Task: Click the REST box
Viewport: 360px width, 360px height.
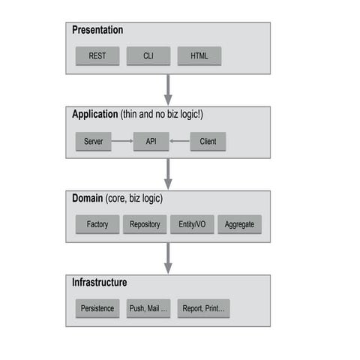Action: [x=97, y=56]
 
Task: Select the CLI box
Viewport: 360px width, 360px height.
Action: [x=148, y=56]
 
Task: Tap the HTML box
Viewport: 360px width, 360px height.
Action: [x=199, y=56]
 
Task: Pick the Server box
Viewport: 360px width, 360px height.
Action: [x=94, y=141]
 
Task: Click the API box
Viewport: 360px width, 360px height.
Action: [x=151, y=141]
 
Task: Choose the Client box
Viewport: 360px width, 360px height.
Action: [x=208, y=141]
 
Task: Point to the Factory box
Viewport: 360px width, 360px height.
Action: [x=97, y=224]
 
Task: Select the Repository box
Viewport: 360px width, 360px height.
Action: [x=145, y=224]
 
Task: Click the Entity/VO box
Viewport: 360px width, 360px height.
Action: [x=191, y=224]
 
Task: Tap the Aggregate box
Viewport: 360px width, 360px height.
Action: [x=239, y=224]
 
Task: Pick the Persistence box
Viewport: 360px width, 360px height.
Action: [x=97, y=308]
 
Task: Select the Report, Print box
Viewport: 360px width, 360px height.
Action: [x=203, y=308]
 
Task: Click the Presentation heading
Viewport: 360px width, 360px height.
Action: [x=97, y=31]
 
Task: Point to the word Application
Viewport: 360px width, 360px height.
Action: [x=94, y=115]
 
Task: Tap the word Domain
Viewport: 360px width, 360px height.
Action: [x=88, y=199]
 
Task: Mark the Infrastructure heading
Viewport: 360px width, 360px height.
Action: [x=99, y=283]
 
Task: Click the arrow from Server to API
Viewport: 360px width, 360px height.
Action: [x=122, y=141]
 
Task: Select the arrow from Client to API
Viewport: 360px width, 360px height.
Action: [x=179, y=141]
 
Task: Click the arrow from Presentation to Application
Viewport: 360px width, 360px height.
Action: [x=168, y=89]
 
